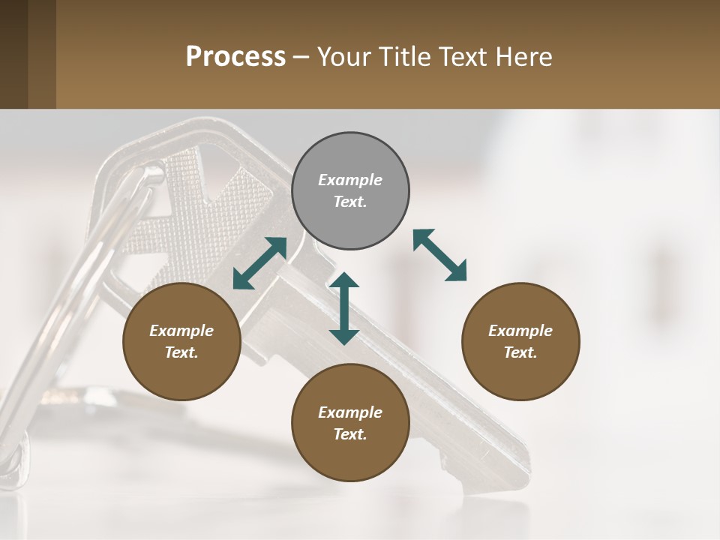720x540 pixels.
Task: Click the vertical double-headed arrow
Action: (x=344, y=309)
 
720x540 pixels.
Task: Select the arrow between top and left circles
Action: (x=259, y=263)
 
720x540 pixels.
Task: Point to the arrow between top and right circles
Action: (x=440, y=255)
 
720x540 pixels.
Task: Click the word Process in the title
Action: (x=235, y=56)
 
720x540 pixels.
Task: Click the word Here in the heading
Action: (x=524, y=56)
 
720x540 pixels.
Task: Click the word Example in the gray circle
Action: (x=350, y=180)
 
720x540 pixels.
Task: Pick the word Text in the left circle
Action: (x=181, y=352)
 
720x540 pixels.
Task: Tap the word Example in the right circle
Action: (x=520, y=331)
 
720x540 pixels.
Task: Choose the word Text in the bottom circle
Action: (x=350, y=434)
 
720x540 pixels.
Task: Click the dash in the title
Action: (x=301, y=57)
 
